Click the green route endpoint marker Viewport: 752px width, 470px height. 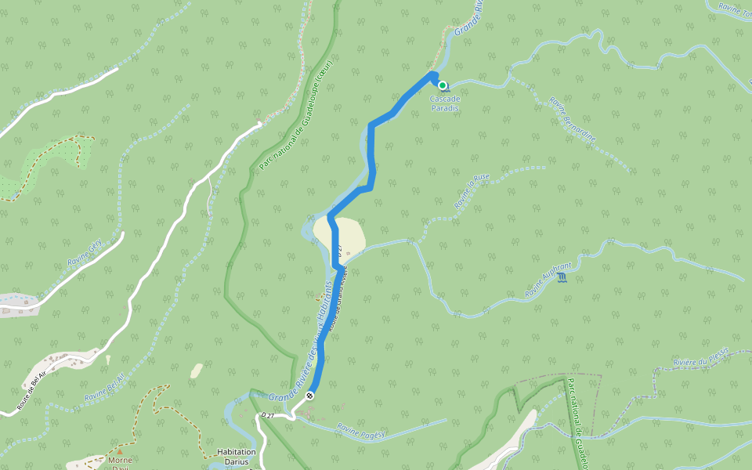(443, 85)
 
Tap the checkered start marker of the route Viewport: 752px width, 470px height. (311, 396)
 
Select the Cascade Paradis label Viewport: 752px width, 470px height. (444, 103)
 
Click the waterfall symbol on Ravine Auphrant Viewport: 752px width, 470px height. (562, 278)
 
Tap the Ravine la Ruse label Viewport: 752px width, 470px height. (472, 191)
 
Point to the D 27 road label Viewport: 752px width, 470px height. (269, 414)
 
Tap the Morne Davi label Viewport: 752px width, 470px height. (120, 463)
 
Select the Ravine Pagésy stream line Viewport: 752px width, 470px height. (407, 433)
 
